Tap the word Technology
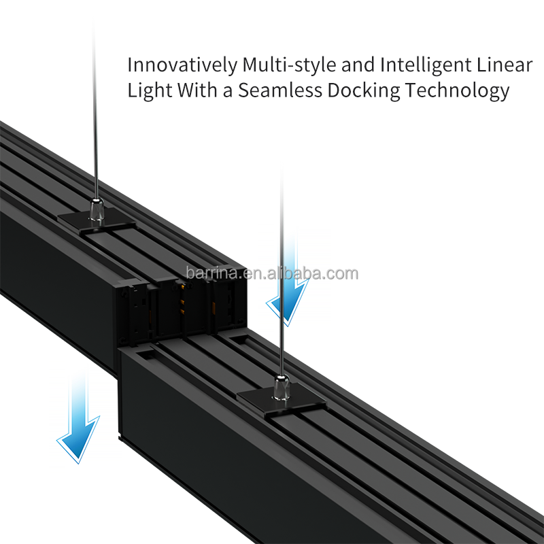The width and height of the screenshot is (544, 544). click(460, 91)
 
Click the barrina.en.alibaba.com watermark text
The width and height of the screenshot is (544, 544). click(272, 273)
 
